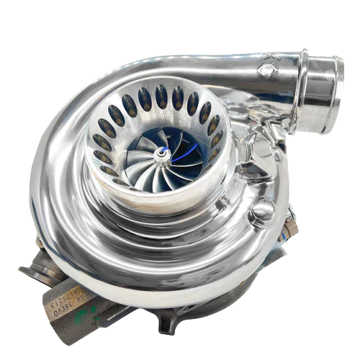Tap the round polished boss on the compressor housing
click(x=264, y=211)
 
